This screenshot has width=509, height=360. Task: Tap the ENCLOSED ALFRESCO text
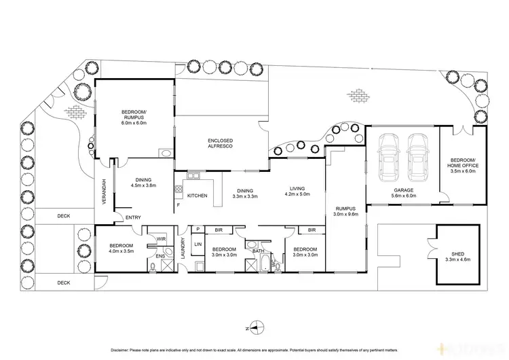tap(221, 143)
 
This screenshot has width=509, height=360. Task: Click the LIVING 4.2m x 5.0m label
tap(297, 192)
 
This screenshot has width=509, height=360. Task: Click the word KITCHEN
tap(197, 195)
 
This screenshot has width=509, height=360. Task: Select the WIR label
tap(162, 239)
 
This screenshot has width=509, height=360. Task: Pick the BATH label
tap(258, 251)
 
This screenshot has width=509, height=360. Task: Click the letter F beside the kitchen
tap(178, 204)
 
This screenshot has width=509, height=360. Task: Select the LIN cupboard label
tap(198, 244)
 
